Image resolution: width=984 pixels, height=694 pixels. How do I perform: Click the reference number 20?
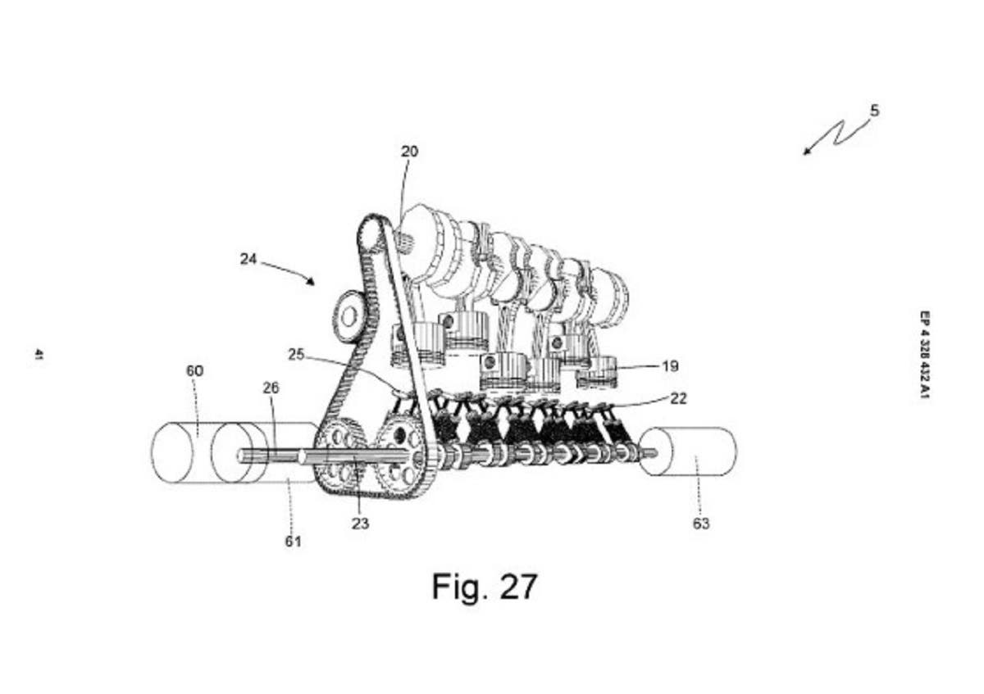(x=409, y=152)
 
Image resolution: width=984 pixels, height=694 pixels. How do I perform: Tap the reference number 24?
(x=248, y=259)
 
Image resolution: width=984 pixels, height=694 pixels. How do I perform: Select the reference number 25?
(x=296, y=354)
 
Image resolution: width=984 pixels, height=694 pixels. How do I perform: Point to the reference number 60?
(x=195, y=371)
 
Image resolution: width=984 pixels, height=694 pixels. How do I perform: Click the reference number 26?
(x=271, y=388)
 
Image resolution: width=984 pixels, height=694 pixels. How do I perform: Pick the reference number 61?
(x=294, y=542)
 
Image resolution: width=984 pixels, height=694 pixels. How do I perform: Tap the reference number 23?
(x=360, y=524)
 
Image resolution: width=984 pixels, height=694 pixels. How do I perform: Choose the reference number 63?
(x=701, y=524)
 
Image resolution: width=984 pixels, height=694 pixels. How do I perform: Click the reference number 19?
(x=671, y=365)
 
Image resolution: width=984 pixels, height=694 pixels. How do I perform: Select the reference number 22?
(x=678, y=398)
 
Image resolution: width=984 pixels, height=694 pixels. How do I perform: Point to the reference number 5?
(x=875, y=111)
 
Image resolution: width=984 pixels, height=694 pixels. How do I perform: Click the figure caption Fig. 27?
(x=485, y=587)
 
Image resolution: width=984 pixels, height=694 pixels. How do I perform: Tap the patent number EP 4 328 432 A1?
(x=925, y=355)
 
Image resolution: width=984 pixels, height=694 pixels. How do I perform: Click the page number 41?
(x=39, y=354)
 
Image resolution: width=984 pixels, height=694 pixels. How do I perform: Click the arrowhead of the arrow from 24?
(x=312, y=282)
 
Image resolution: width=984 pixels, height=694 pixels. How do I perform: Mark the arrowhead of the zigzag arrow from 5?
(x=806, y=152)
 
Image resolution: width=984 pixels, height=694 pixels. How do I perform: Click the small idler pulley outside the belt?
(x=348, y=317)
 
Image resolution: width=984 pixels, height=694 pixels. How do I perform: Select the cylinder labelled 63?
(x=688, y=451)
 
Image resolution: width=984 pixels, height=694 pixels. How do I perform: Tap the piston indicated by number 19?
(x=598, y=373)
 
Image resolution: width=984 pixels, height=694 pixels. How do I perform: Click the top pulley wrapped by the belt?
(x=374, y=233)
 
